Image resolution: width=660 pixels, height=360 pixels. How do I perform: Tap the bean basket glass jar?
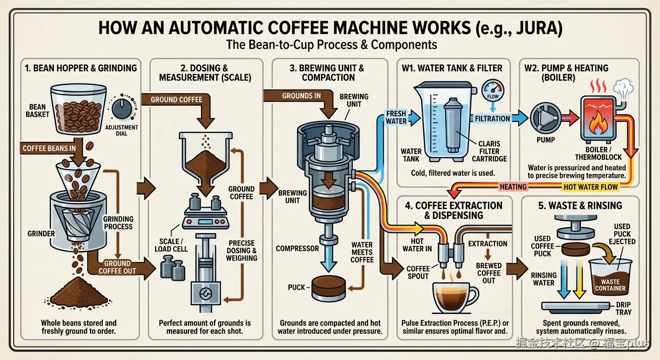point(78,108)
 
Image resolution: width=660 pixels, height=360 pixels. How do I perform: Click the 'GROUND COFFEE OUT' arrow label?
point(117,267)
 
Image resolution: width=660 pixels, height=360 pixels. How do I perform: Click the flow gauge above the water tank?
point(493,89)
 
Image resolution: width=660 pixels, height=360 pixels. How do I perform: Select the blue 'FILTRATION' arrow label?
point(492,119)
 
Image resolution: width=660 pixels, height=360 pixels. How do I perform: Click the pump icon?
point(545,120)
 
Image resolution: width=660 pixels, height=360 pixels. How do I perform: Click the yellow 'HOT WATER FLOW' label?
point(591,187)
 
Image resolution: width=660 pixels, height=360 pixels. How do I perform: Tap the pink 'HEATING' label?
point(513,187)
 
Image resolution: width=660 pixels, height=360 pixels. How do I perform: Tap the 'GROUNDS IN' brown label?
point(301,96)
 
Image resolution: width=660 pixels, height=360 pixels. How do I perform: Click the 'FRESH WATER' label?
point(396,117)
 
